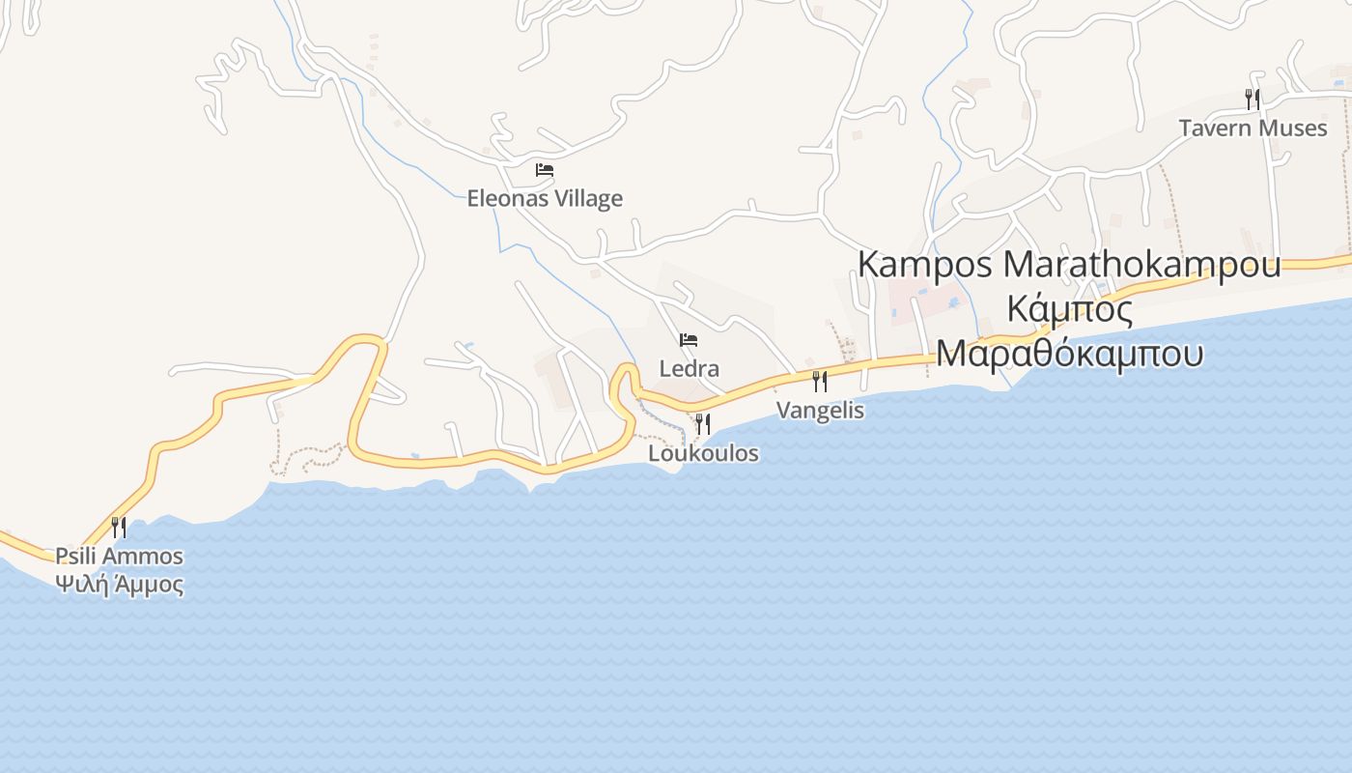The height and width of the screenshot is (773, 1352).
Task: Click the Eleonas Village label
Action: (x=545, y=198)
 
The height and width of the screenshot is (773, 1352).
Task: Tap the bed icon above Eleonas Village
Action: (x=545, y=170)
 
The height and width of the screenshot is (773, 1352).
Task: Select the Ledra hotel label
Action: (x=689, y=368)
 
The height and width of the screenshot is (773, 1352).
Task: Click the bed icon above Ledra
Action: (x=689, y=340)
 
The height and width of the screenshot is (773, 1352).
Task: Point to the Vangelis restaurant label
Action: (x=820, y=410)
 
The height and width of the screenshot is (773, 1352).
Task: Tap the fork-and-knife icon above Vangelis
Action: (x=819, y=381)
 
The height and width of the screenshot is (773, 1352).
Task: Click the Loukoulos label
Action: (x=703, y=452)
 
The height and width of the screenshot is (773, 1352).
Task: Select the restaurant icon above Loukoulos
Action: (x=702, y=423)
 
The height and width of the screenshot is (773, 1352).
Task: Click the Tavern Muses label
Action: (x=1253, y=128)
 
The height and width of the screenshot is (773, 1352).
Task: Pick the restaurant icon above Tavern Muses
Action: (x=1252, y=99)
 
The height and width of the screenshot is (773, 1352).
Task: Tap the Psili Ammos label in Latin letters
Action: (x=119, y=556)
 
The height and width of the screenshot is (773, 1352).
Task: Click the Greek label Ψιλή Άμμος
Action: (x=119, y=584)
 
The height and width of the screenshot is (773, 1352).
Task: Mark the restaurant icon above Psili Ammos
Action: (x=119, y=527)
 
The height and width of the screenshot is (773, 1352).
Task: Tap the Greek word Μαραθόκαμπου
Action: (x=1069, y=354)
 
